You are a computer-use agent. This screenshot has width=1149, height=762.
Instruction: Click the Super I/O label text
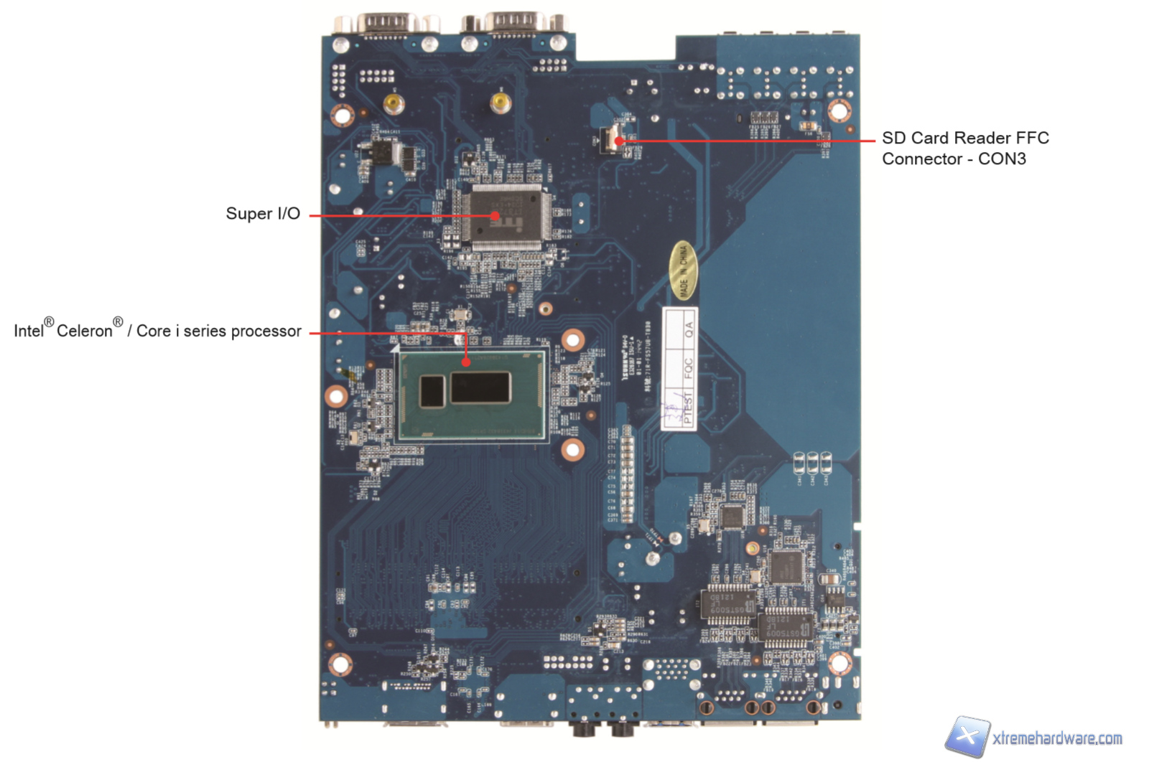(x=263, y=214)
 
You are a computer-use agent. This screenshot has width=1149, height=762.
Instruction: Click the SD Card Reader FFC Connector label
(x=964, y=149)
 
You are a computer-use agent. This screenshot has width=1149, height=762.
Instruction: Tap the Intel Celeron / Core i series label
(x=157, y=330)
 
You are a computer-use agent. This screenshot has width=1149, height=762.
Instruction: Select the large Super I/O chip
(x=506, y=216)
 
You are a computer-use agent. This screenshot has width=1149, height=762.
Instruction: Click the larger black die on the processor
(x=480, y=387)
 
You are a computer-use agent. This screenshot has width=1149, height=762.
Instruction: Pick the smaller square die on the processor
(x=432, y=391)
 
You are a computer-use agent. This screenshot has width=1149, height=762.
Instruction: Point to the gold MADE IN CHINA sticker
(x=683, y=270)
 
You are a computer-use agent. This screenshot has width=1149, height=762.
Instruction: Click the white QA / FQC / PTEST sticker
(x=679, y=369)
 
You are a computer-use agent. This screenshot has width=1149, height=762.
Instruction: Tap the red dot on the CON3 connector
(x=619, y=141)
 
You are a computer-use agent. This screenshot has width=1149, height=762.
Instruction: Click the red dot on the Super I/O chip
(x=495, y=215)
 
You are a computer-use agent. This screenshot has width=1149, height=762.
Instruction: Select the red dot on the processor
(x=466, y=362)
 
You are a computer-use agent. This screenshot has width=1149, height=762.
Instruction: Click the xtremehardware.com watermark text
(x=1057, y=738)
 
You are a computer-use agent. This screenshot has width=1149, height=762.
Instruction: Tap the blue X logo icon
(x=967, y=736)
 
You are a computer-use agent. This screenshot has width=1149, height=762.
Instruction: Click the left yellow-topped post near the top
(x=393, y=103)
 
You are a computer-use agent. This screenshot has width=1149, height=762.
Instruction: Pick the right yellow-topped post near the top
(x=500, y=101)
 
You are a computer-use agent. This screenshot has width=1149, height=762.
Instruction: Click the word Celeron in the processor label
(x=85, y=331)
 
